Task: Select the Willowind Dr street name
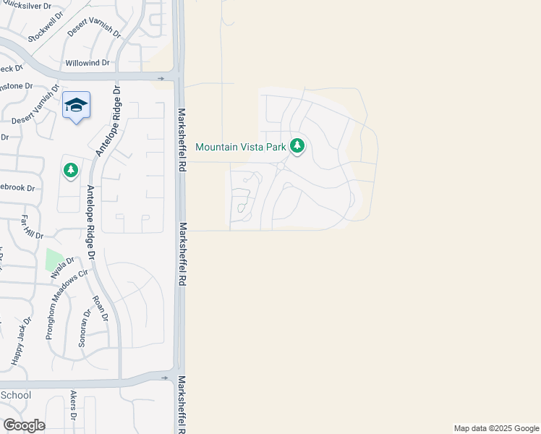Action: (x=87, y=63)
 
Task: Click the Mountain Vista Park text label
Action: (x=242, y=147)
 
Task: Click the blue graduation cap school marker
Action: (x=76, y=106)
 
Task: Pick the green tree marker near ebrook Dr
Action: (x=70, y=170)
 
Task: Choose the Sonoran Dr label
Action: (x=84, y=329)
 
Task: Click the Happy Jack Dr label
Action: (x=21, y=340)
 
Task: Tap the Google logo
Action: (x=24, y=425)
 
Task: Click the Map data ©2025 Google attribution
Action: (x=496, y=428)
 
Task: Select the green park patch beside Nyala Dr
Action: (x=54, y=260)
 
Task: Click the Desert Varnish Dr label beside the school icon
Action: (x=35, y=106)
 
